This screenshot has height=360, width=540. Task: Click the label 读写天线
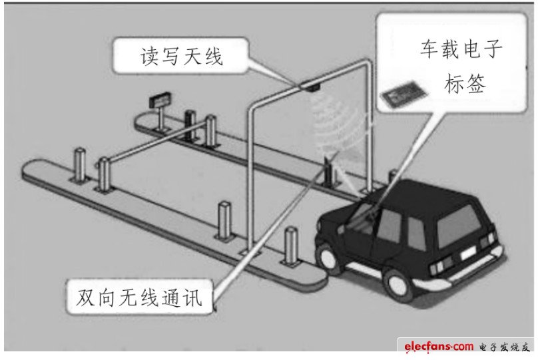181,57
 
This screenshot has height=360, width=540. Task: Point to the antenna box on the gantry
310,86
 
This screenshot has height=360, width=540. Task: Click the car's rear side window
415,230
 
